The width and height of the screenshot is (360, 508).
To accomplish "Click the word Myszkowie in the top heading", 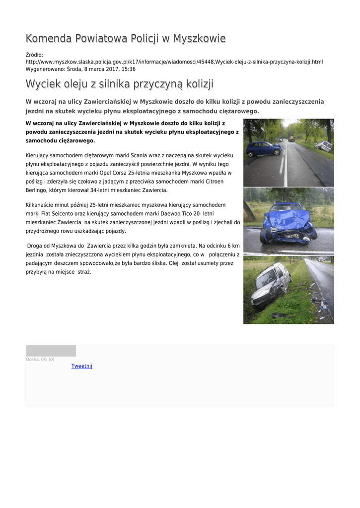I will [200, 39].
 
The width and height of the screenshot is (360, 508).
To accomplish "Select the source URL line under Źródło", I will [174, 62].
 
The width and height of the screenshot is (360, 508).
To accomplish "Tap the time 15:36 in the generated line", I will [129, 69].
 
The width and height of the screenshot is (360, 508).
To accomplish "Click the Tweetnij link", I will [82, 366].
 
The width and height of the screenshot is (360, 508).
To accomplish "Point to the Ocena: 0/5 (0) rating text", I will [40, 359].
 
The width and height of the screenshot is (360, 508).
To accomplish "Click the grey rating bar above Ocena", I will [51, 351].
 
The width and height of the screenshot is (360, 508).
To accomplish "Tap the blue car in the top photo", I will [263, 148].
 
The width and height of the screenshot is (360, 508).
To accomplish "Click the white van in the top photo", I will [324, 146].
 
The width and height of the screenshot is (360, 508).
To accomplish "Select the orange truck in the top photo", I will [291, 139].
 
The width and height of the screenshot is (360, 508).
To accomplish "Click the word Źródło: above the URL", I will [34, 55].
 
